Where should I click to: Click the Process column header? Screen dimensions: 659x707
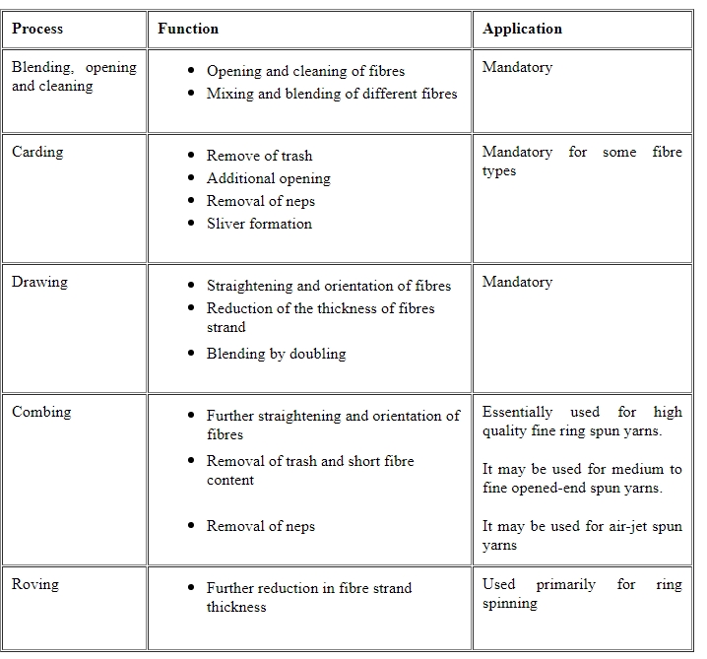(x=38, y=29)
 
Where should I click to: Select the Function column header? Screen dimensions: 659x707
(x=188, y=29)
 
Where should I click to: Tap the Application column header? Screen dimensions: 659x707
(x=523, y=29)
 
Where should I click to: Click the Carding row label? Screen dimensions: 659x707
(x=37, y=152)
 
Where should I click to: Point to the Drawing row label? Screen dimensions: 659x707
(x=39, y=282)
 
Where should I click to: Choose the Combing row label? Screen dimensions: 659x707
(x=41, y=412)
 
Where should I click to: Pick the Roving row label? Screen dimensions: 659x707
(x=35, y=584)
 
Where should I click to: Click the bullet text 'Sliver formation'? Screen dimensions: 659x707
(x=259, y=224)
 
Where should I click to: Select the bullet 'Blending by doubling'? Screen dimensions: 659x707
(x=276, y=353)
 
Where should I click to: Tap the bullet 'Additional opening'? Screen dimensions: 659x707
(x=268, y=178)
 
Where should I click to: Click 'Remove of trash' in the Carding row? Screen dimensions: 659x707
(x=259, y=156)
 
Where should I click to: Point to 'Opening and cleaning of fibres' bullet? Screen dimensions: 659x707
(x=305, y=71)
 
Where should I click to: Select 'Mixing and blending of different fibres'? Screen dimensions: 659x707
(x=332, y=94)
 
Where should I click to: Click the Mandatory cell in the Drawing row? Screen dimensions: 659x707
(x=517, y=282)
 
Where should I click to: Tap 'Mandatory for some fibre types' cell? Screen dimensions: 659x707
(x=581, y=162)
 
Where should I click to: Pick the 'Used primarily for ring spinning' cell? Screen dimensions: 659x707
(x=581, y=593)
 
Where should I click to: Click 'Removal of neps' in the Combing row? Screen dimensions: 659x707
(x=260, y=526)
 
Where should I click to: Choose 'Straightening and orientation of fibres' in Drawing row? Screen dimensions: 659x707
(x=328, y=286)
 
